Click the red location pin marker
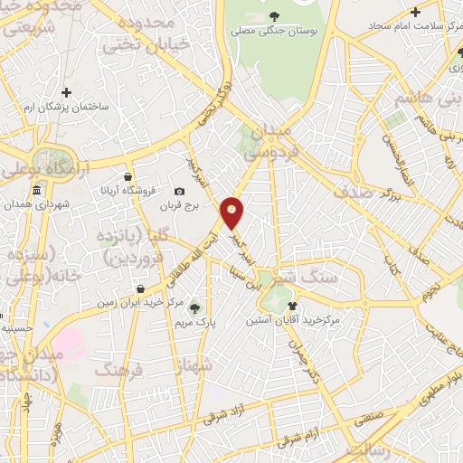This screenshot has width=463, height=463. coord(232,213)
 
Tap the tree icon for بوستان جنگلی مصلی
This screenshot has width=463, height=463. coord(274,16)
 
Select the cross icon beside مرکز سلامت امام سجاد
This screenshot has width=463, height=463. coord(415,12)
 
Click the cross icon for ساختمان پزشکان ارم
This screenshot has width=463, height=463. coord(66,91)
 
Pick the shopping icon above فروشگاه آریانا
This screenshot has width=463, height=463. coord(128,176)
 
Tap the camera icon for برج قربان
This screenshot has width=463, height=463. coord(179,191)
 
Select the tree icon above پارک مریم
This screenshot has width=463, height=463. coord(194,307)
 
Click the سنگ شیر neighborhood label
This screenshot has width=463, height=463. coord(308,277)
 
